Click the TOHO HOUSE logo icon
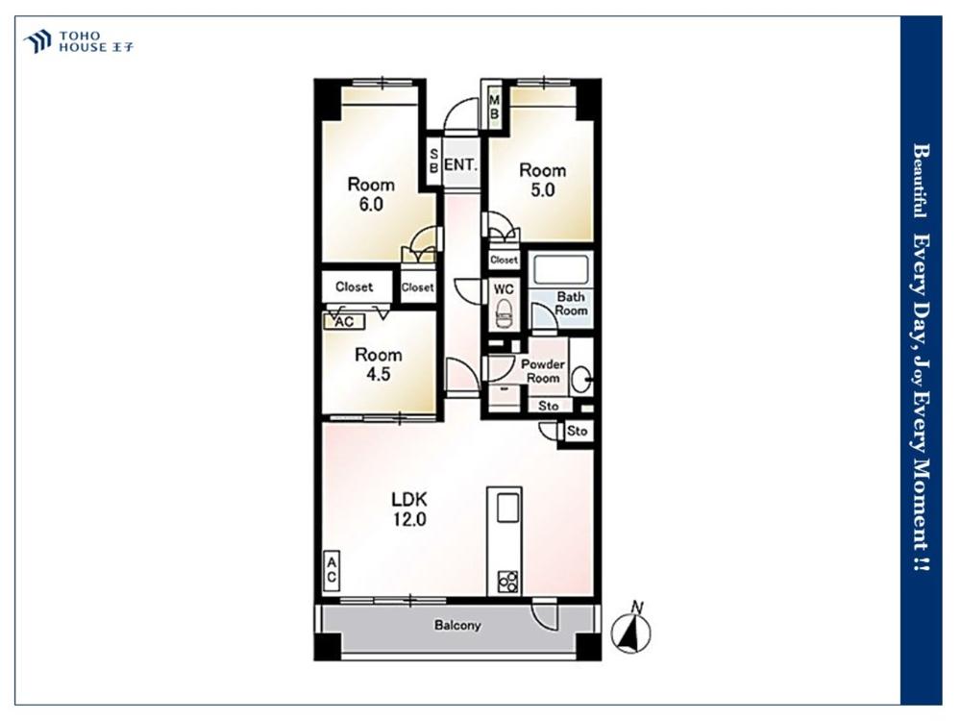[x=37, y=41]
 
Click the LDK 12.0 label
[x=409, y=509]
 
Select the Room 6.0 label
[x=371, y=194]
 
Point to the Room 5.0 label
[x=542, y=180]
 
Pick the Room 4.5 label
[x=378, y=364]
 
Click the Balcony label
[x=457, y=626]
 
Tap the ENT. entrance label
[x=461, y=165]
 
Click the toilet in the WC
[x=505, y=314]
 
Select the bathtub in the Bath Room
[x=561, y=268]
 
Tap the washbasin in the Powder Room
[x=581, y=380]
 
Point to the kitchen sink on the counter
[x=508, y=509]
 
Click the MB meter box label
[x=495, y=107]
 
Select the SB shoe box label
[x=433, y=160]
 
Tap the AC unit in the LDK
[x=331, y=570]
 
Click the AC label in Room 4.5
[x=344, y=321]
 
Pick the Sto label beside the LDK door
[x=577, y=431]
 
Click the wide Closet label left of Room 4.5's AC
[x=355, y=286]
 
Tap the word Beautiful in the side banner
[x=921, y=181]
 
